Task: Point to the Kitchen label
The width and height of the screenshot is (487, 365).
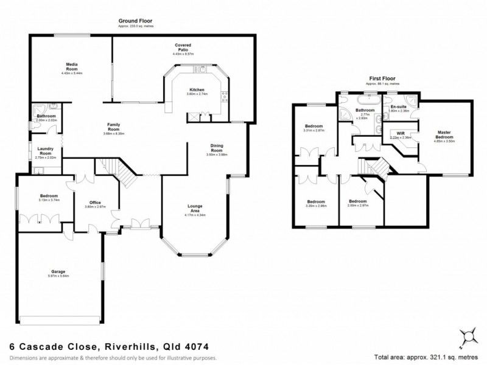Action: pos(197,90)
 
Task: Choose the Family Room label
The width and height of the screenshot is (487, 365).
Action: pos(113,126)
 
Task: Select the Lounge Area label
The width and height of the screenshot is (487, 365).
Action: pos(195,209)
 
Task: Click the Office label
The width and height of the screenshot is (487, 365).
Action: pos(94,202)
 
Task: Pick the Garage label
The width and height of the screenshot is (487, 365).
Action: pos(58,271)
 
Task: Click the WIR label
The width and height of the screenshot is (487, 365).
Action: pos(401,133)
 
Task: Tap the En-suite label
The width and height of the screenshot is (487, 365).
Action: pos(398,106)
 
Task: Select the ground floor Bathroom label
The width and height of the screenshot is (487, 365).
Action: pos(46,116)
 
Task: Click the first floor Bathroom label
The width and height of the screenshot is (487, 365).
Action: pos(366,111)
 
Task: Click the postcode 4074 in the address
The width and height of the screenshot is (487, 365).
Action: pos(183,347)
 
